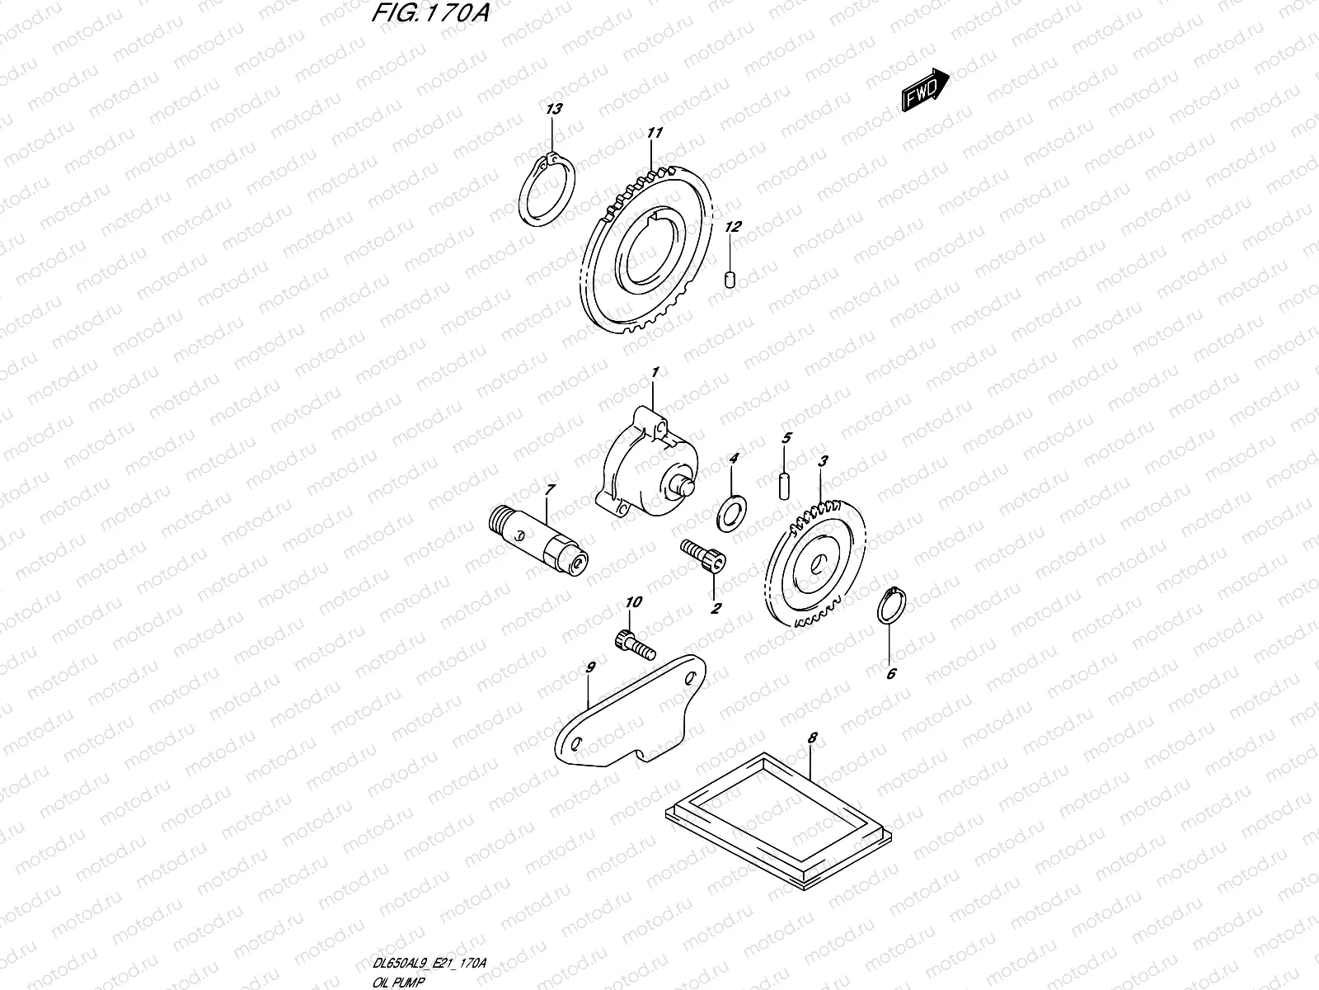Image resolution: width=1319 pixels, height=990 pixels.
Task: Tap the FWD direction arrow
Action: (x=924, y=90)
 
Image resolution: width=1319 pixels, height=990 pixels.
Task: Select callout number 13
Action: (x=552, y=110)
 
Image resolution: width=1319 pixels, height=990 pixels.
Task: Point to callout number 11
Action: (x=655, y=132)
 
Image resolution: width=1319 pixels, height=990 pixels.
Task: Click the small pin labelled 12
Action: (x=730, y=280)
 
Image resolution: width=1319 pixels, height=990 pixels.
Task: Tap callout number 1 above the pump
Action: (x=654, y=374)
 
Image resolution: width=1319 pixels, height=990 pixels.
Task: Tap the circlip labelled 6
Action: (x=894, y=610)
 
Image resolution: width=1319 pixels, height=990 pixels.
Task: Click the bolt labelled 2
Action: (x=704, y=561)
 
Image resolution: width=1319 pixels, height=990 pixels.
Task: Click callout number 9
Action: (x=590, y=667)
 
